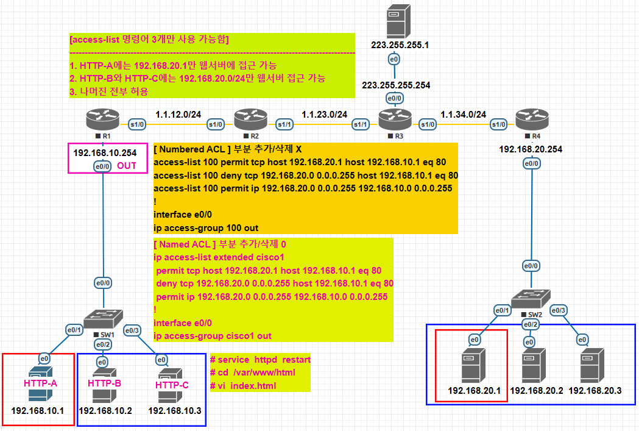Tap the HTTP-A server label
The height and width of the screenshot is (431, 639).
click(x=40, y=383)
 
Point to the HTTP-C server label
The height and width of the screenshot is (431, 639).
click(x=172, y=385)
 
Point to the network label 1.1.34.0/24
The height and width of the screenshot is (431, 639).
click(x=463, y=114)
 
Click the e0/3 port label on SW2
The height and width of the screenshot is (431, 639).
click(x=559, y=310)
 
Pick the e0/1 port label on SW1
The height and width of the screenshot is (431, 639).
click(x=74, y=330)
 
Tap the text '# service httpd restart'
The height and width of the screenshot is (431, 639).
click(x=260, y=360)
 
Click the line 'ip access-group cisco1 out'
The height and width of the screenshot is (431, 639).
click(x=213, y=336)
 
